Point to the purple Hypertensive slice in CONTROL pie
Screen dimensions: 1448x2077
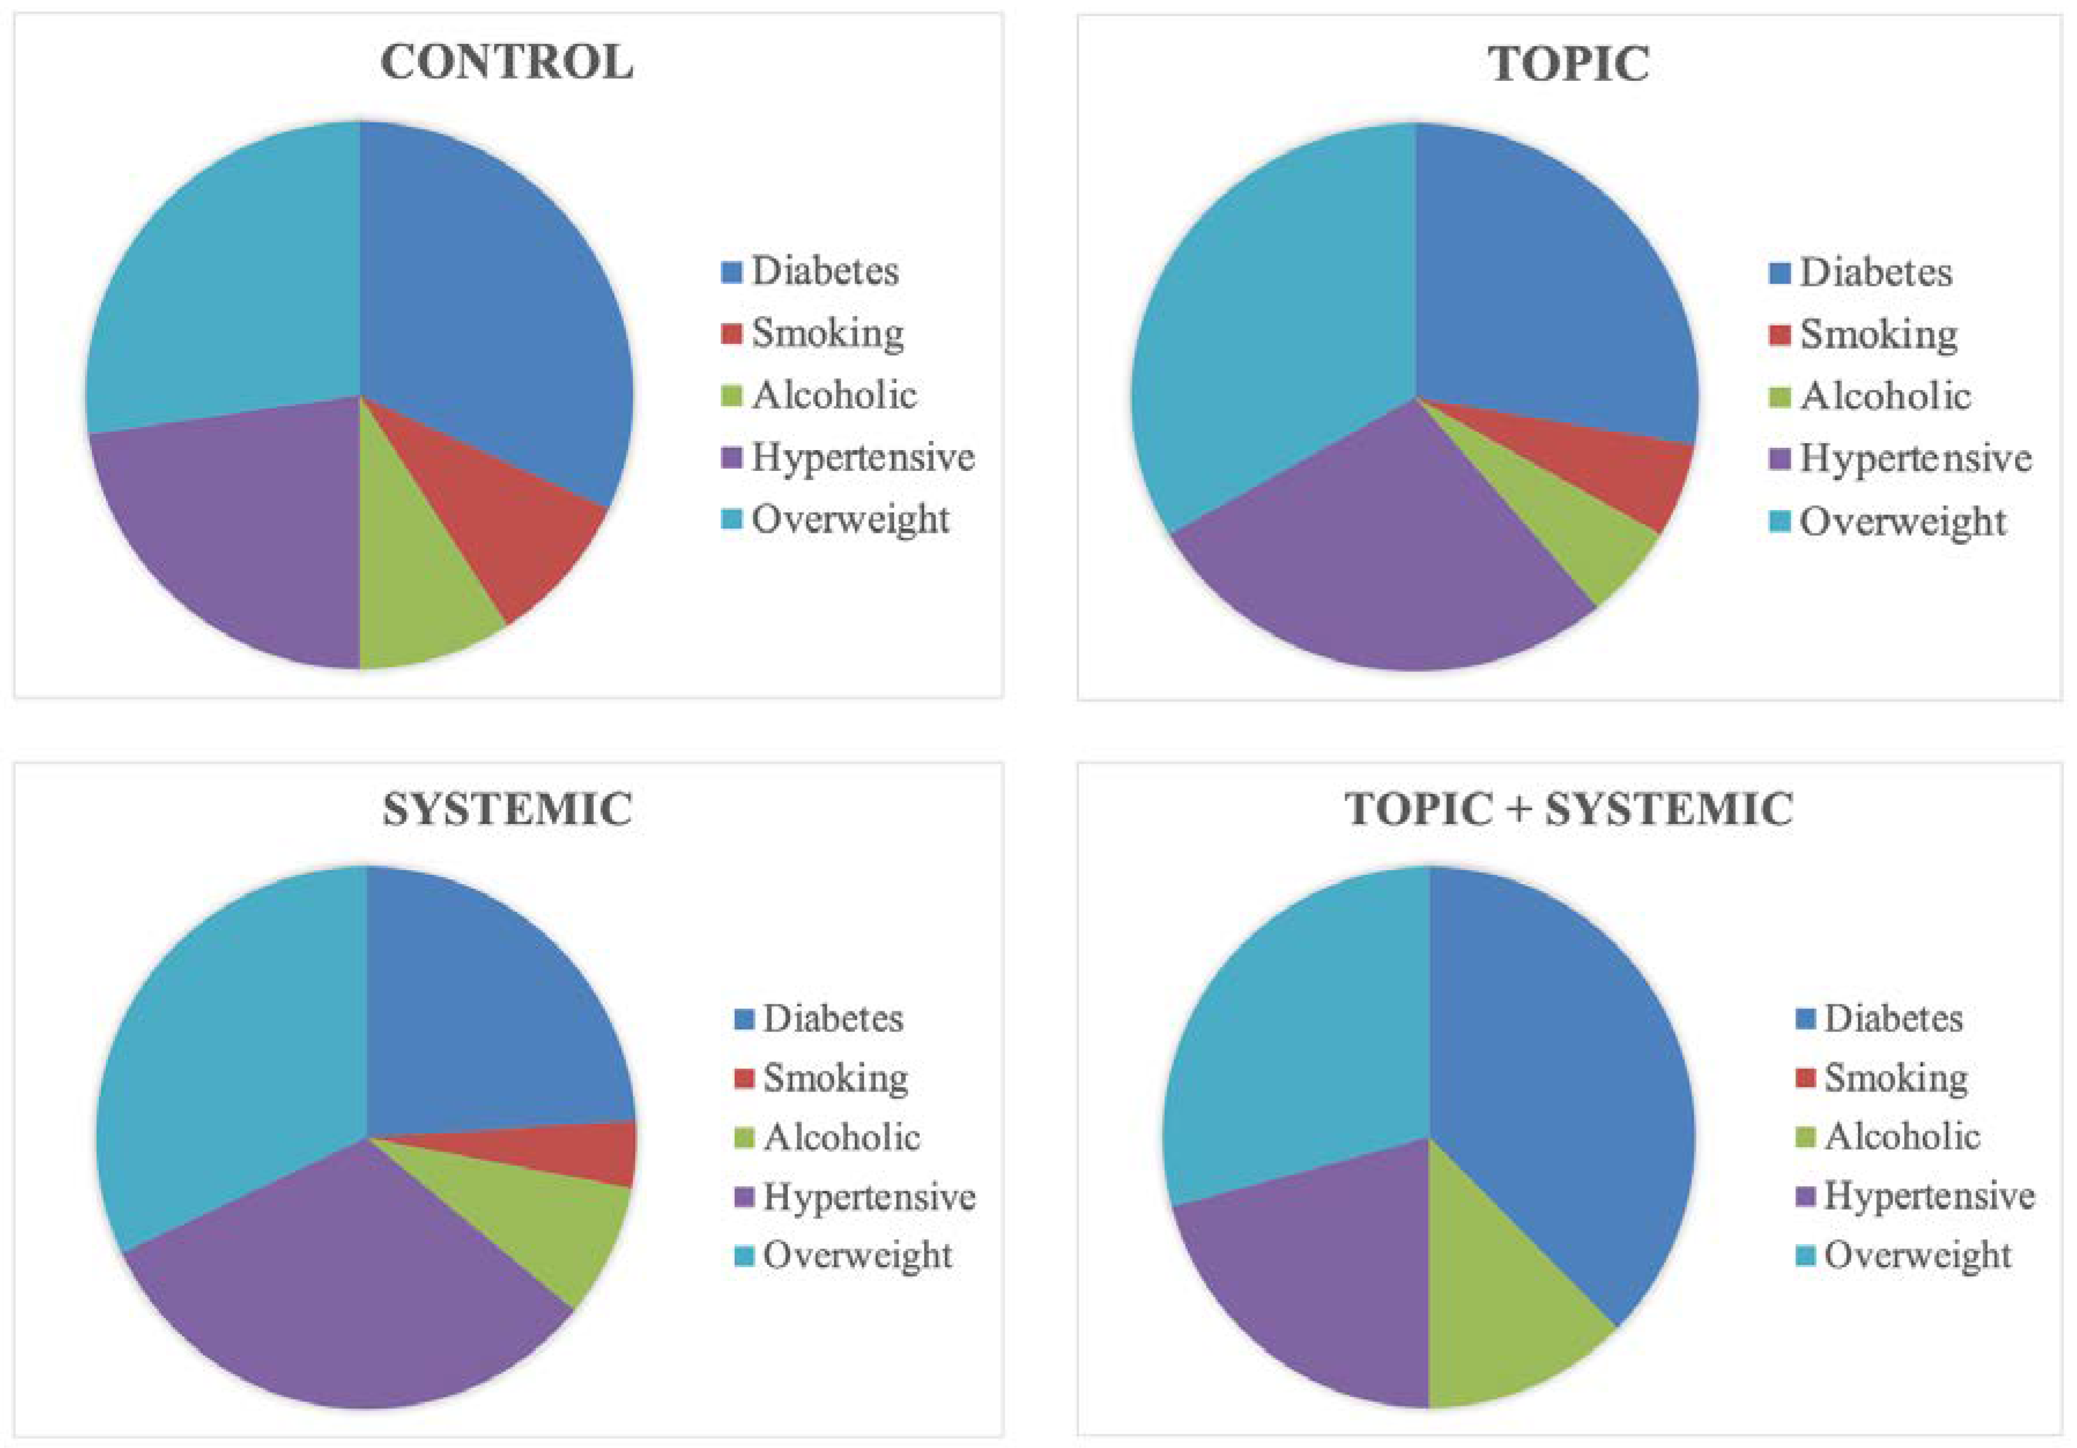[x=245, y=534]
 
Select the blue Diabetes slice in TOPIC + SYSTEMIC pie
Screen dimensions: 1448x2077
[x=1574, y=1085]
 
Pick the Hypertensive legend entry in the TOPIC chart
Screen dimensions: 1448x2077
[x=1900, y=459]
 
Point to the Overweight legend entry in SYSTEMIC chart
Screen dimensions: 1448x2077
[x=843, y=1256]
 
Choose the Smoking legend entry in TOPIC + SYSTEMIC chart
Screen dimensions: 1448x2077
[x=1882, y=1078]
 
